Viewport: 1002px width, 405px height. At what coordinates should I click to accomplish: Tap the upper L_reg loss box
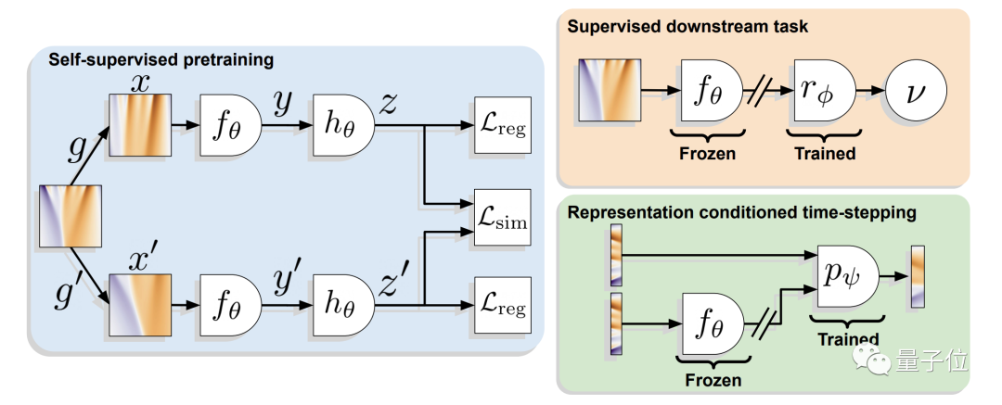tap(501, 126)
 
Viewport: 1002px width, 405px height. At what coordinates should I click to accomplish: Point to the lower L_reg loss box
tap(501, 301)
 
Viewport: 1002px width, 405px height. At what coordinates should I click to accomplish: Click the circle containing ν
tap(914, 92)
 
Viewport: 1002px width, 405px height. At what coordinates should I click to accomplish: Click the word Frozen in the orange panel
tap(709, 153)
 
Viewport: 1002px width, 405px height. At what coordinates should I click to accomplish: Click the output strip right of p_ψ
tap(918, 275)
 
